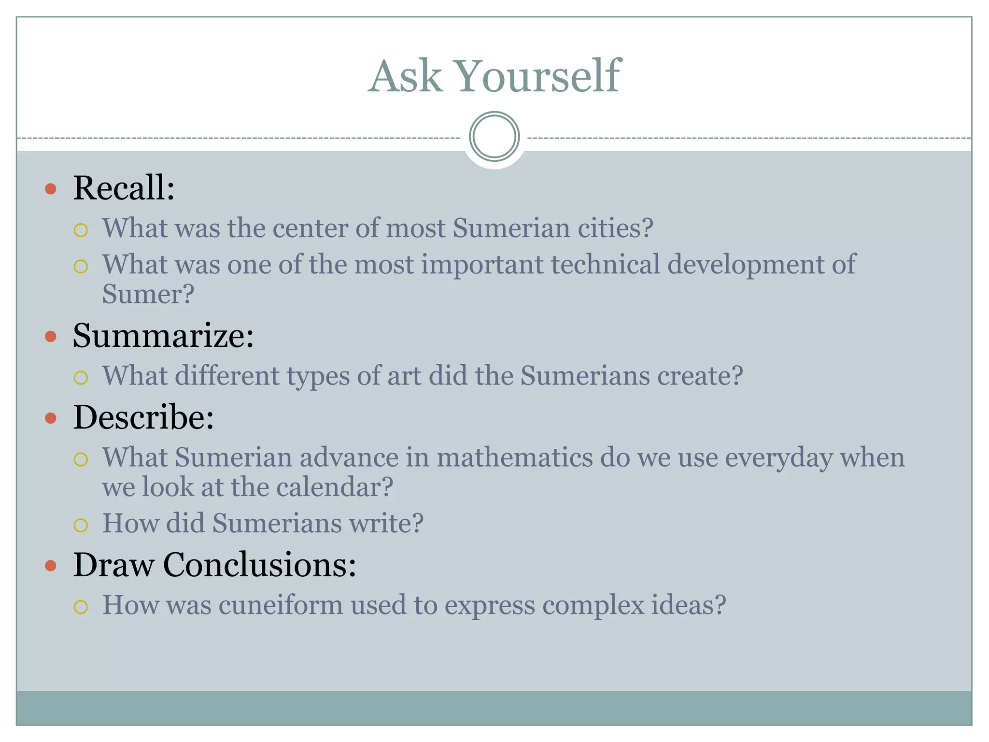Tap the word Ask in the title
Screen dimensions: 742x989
[405, 76]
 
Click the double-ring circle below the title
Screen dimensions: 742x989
[494, 137]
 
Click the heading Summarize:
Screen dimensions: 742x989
[163, 335]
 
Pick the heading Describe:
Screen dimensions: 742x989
[143, 417]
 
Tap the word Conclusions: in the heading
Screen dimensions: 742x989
[259, 564]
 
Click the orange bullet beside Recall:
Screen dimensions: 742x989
[51, 188]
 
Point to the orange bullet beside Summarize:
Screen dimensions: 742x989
[51, 336]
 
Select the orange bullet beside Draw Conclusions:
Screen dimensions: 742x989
[51, 565]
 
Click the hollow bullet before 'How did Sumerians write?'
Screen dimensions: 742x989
[81, 525]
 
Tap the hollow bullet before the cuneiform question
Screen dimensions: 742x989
[81, 607]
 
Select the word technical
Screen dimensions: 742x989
[605, 264]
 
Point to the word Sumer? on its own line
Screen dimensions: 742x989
[148, 294]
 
